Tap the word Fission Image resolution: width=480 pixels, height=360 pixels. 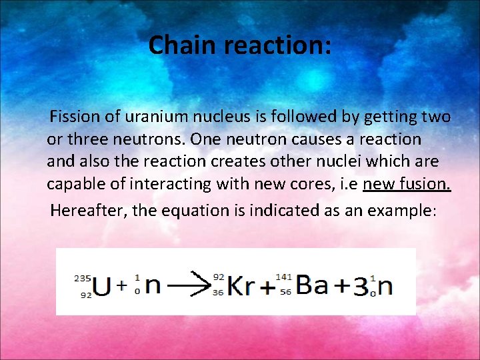76,117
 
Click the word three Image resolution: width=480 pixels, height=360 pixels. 88,139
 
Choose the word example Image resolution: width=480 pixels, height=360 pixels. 399,211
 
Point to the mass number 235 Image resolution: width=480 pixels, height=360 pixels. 83,277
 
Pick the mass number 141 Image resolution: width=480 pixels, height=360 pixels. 283,276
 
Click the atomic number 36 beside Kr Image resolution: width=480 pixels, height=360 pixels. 219,292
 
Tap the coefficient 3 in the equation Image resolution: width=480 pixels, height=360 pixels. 360,286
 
